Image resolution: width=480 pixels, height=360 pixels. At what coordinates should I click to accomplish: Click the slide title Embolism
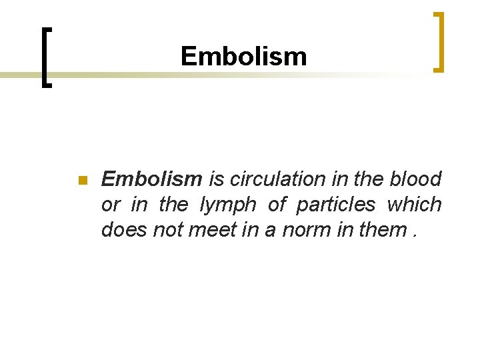tap(243, 57)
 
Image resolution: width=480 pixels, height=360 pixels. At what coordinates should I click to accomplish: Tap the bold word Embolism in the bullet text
tap(151, 179)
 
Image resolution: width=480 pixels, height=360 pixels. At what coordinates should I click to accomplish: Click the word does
tap(123, 229)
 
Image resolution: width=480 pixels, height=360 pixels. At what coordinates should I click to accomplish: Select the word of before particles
tap(276, 205)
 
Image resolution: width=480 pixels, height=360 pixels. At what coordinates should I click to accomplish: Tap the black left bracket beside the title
tap(45, 56)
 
